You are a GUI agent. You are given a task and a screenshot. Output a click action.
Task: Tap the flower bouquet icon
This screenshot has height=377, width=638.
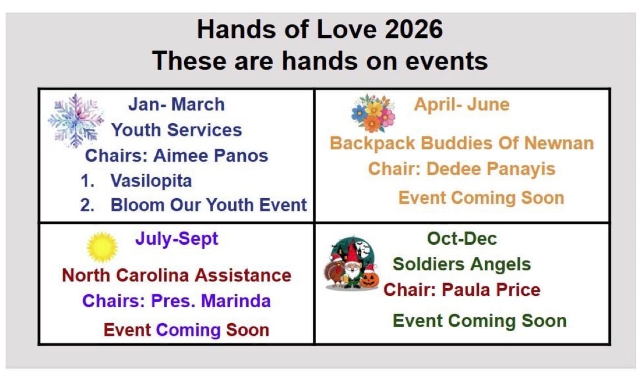tap(373, 113)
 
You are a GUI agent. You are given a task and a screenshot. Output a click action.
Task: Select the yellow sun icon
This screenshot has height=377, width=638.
tap(102, 247)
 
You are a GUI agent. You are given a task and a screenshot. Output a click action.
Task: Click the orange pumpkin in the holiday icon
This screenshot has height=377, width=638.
tap(369, 280)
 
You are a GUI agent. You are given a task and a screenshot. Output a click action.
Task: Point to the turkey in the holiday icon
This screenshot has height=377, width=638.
tap(335, 272)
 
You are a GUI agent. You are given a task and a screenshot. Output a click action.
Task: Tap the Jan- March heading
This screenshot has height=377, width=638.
tap(176, 104)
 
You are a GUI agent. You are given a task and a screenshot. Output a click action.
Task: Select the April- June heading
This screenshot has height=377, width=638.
tap(462, 104)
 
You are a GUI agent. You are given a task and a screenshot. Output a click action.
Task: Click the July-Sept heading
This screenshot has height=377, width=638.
tap(176, 239)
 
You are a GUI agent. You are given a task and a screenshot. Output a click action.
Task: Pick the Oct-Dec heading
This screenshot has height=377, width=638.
tap(462, 238)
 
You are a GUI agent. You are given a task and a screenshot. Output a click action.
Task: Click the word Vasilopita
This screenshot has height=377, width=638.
tap(151, 181)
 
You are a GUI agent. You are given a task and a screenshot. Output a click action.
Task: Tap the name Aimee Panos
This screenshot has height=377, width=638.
tap(210, 155)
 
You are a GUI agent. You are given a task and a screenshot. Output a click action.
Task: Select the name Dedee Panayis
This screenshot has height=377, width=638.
tap(491, 169)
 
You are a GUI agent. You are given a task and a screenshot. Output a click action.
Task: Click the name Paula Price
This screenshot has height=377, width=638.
tap(491, 290)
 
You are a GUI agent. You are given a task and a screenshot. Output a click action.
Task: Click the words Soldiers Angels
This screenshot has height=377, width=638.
tap(462, 264)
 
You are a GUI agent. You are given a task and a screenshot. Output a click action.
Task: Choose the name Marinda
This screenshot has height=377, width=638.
tap(236, 301)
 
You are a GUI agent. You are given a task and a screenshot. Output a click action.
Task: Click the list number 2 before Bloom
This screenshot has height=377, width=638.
tap(87, 205)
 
